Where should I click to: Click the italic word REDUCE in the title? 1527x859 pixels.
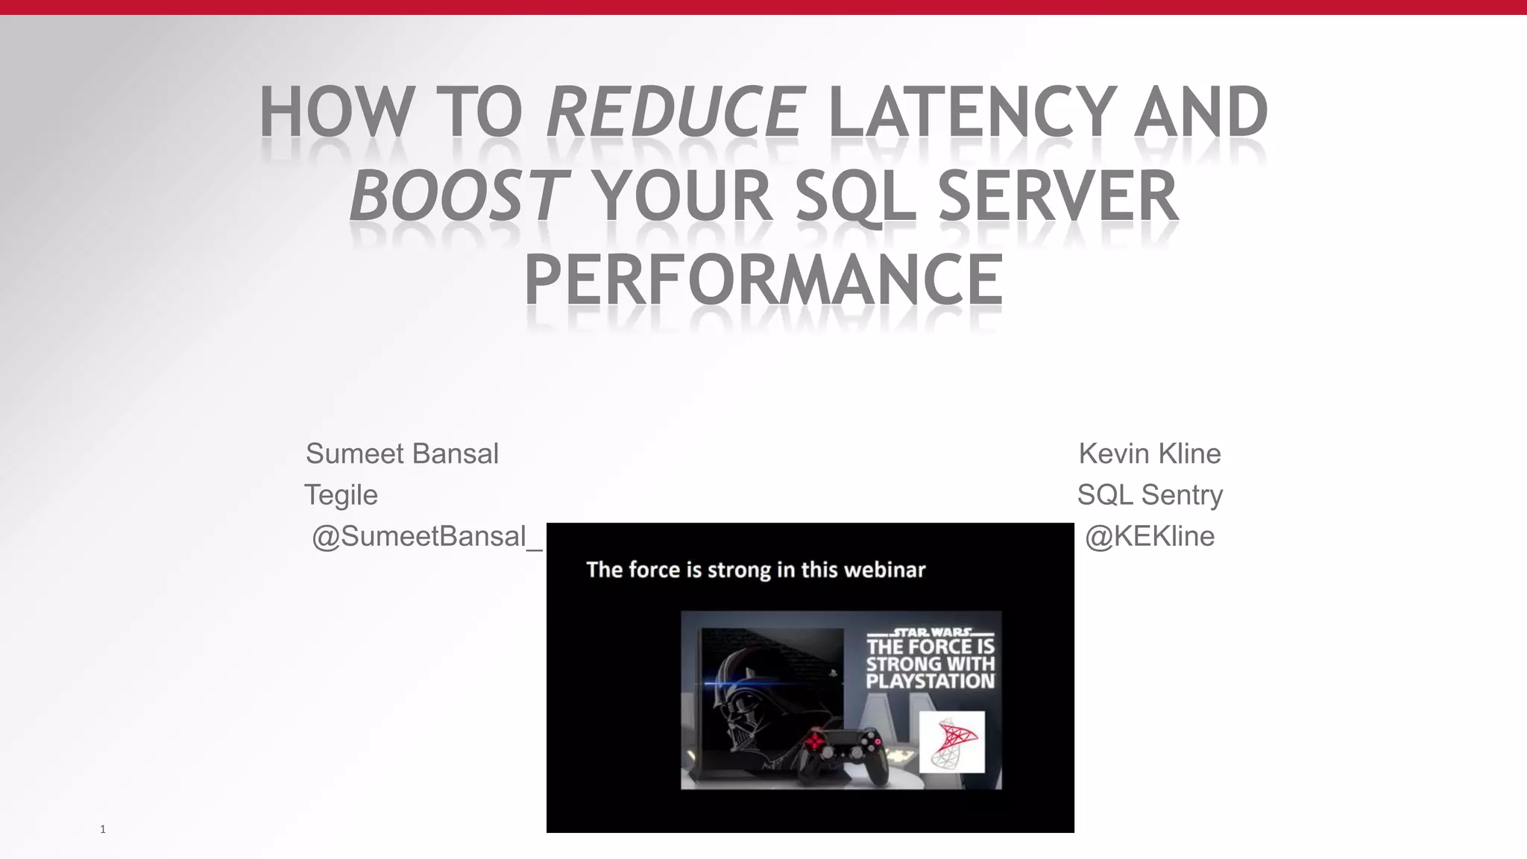pyautogui.click(x=676, y=113)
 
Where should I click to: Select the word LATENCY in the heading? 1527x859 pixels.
pyautogui.click(x=973, y=113)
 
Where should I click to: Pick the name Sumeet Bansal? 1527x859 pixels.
pyautogui.click(x=402, y=453)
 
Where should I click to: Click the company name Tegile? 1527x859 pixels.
pyautogui.click(x=341, y=495)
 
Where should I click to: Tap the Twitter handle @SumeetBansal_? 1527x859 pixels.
pyautogui.click(x=426, y=536)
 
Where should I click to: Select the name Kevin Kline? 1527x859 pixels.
pyautogui.click(x=1149, y=453)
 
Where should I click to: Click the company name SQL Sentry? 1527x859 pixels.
pyautogui.click(x=1149, y=495)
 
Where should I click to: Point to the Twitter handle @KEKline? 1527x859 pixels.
pyautogui.click(x=1149, y=536)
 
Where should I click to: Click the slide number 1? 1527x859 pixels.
pyautogui.click(x=103, y=829)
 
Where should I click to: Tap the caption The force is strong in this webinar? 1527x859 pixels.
pyautogui.click(x=755, y=570)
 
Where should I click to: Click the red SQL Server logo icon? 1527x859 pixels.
pyautogui.click(x=951, y=742)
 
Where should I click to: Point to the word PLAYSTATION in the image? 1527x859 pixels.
pyautogui.click(x=930, y=681)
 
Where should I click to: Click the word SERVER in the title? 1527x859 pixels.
pyautogui.click(x=1057, y=196)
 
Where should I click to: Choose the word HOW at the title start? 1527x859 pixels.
pyautogui.click(x=336, y=113)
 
